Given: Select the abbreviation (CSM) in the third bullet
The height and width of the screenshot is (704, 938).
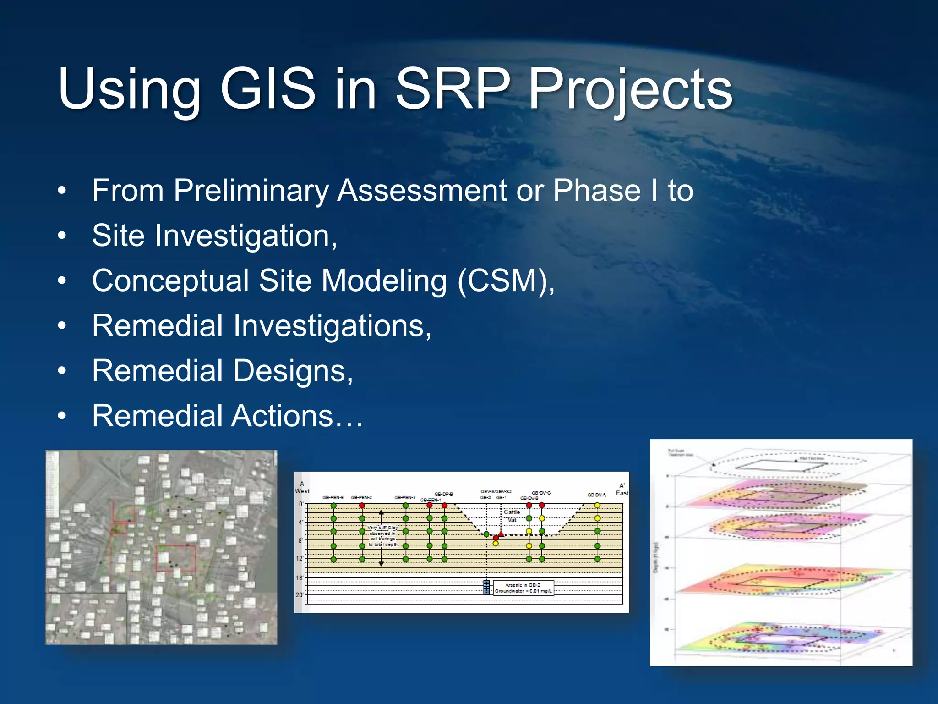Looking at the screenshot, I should (506, 280).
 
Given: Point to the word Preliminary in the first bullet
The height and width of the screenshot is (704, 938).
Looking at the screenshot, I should (251, 190).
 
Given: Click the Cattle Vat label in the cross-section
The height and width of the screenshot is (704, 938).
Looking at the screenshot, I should (512, 516).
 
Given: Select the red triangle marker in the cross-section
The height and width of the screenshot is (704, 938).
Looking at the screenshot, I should (501, 534).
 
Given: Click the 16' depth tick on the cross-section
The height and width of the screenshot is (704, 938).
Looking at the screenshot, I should (300, 577).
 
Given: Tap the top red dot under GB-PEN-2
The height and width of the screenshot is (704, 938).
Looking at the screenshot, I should (362, 506).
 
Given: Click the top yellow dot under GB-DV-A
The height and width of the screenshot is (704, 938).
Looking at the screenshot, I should (597, 506).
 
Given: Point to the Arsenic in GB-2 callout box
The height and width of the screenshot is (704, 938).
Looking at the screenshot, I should (523, 588).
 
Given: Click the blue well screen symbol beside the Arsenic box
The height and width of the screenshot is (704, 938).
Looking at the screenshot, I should (486, 587).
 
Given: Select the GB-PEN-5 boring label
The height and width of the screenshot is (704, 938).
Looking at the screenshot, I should (333, 497).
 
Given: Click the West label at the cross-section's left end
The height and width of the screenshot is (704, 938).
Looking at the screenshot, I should (302, 491).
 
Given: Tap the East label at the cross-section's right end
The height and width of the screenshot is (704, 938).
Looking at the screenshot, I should (622, 493).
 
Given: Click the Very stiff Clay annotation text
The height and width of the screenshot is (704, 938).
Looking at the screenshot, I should (383, 536).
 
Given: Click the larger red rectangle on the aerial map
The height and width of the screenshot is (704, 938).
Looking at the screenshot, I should (175, 558).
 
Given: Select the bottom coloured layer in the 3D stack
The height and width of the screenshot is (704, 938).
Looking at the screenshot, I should (779, 637).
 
